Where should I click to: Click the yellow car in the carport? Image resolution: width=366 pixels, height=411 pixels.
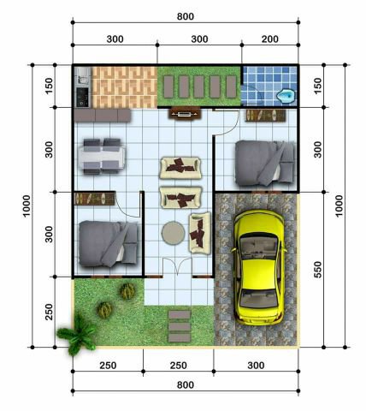[259, 268]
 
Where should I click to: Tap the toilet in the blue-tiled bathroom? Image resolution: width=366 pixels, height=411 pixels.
[286, 96]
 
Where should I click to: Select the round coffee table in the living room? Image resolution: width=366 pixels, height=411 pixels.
[174, 233]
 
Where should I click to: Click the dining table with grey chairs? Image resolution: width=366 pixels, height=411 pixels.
[102, 157]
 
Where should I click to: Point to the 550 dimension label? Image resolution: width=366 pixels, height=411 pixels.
[317, 270]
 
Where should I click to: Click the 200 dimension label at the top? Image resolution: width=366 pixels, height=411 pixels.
[270, 39]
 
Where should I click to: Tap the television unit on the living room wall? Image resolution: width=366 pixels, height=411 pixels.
[186, 114]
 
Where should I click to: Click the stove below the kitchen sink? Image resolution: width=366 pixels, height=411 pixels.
[83, 97]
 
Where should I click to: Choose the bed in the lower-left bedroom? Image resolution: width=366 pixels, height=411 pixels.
[108, 244]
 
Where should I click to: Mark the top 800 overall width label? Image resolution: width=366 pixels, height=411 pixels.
[186, 16]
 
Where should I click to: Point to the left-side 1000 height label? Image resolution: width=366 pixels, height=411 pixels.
[27, 206]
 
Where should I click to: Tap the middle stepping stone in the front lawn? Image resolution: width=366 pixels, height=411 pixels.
[180, 326]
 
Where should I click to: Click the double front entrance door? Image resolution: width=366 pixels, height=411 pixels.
[177, 267]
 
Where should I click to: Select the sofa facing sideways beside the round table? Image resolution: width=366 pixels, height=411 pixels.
[200, 233]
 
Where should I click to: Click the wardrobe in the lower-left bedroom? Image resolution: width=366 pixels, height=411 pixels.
[94, 199]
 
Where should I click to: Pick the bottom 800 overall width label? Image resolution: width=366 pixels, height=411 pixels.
[186, 384]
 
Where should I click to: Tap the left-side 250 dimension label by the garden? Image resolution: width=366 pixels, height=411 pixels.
[49, 312]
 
